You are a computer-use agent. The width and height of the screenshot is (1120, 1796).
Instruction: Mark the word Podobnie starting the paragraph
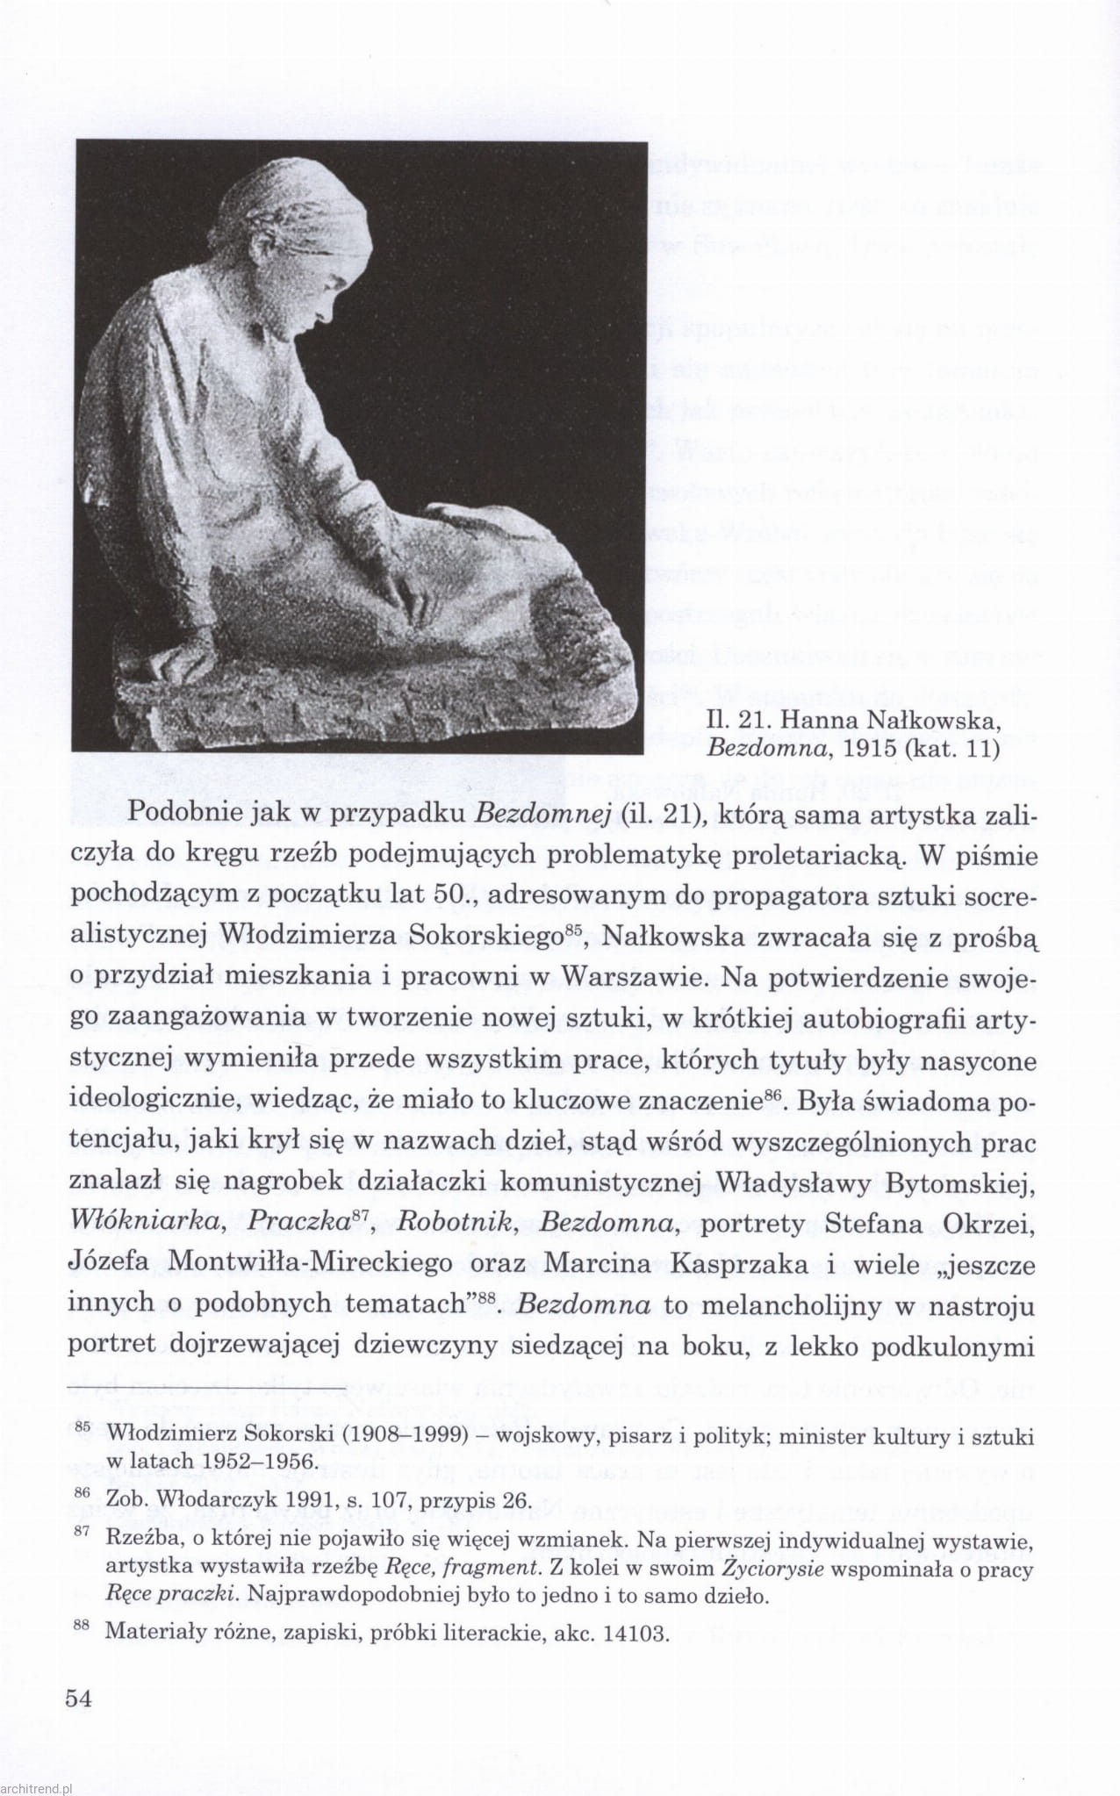coord(179,814)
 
